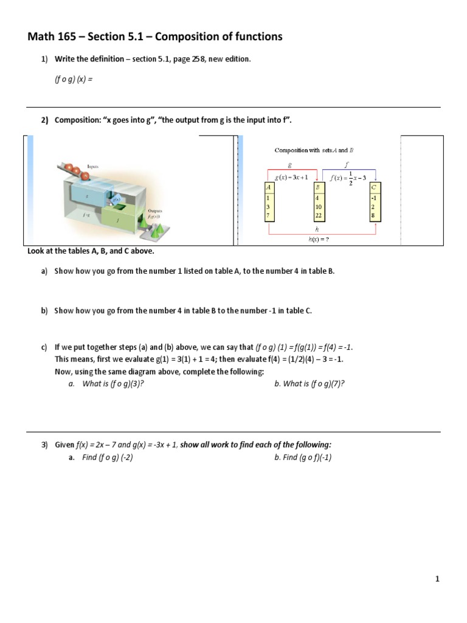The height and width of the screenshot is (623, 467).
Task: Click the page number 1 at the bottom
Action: click(437, 579)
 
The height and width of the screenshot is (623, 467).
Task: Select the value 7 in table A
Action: click(268, 215)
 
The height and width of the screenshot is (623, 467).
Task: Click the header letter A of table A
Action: click(269, 188)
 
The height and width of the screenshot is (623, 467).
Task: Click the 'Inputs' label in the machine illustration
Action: click(92, 165)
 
